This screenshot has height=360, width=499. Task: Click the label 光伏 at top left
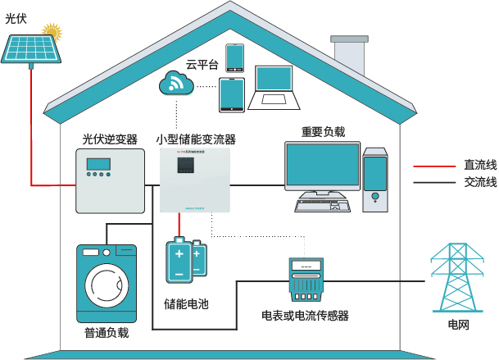click(16, 16)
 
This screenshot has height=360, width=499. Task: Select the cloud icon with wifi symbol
click(175, 83)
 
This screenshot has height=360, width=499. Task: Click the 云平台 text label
click(202, 64)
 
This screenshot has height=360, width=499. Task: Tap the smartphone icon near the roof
click(234, 57)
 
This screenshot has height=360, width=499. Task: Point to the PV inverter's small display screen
click(98, 173)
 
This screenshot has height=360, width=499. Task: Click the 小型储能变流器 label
click(196, 139)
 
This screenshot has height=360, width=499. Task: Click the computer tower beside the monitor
click(375, 180)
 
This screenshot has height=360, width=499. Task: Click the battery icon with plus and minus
click(186, 259)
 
